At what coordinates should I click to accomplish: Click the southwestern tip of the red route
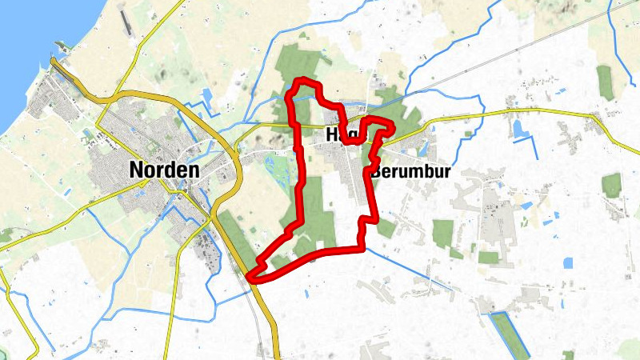pos(251,277)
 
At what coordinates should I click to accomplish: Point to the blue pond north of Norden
pos(206,95)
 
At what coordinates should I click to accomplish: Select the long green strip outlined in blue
pos(510,332)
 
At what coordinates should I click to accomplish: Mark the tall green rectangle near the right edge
pos(605,82)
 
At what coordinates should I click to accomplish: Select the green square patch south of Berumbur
pos(443,233)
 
